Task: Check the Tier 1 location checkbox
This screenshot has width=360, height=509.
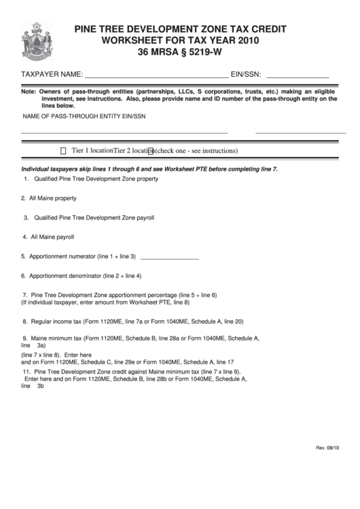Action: [64, 151]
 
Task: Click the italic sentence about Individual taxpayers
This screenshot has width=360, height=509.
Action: [149, 168]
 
